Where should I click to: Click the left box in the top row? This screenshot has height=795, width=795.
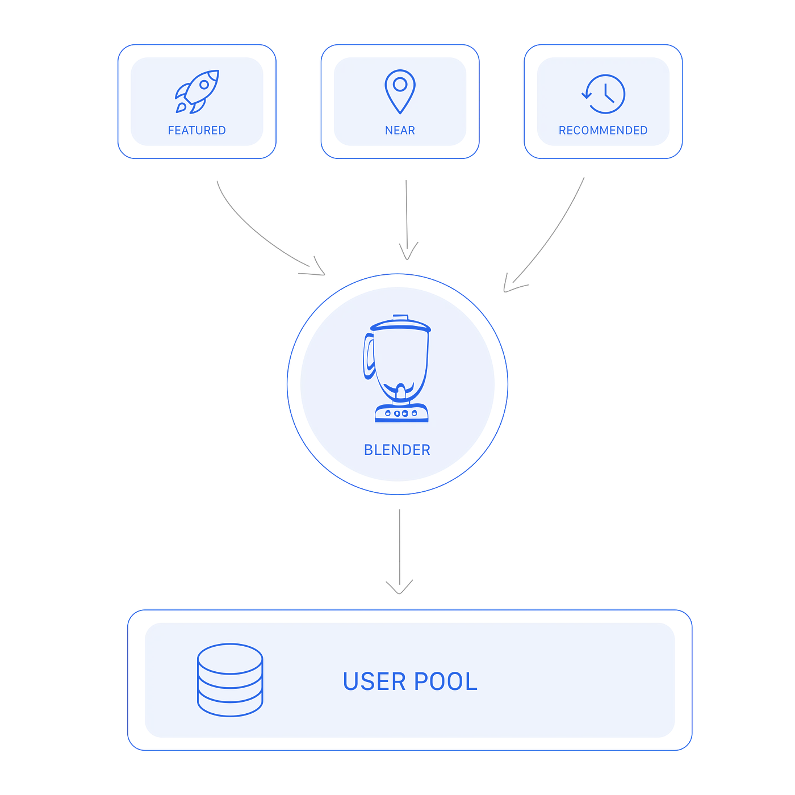point(196,102)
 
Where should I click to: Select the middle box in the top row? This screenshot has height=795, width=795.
point(400,102)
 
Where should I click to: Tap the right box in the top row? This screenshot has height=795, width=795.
point(604,102)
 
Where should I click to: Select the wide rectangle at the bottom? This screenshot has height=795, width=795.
point(410,680)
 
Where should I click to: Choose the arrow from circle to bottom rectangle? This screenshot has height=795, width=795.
point(400,545)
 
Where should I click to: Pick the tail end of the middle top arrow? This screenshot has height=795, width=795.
point(406,181)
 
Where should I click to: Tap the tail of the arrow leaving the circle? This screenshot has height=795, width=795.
point(400,508)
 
